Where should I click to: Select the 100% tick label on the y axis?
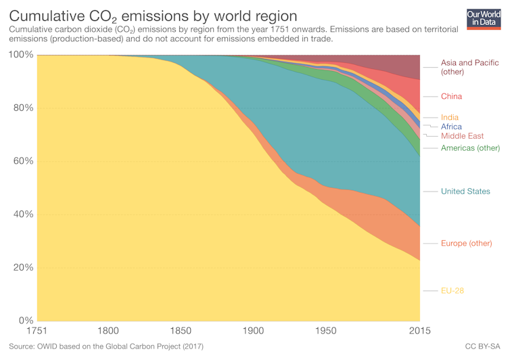20,55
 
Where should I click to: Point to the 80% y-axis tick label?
22,108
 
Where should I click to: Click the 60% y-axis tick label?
22,161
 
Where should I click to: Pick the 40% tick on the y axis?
22,215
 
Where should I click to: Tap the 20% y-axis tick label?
22,267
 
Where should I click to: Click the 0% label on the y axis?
25,321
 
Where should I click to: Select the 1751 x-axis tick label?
37,332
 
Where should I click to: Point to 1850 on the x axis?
181,332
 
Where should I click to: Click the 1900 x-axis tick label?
253,332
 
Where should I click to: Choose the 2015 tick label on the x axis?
419,332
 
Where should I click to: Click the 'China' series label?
451,97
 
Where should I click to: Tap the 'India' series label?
450,118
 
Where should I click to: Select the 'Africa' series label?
451,127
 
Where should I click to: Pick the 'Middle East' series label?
462,136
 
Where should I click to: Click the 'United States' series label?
465,192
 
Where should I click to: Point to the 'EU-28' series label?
453,291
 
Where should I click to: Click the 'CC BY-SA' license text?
484,347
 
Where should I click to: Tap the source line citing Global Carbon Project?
106,347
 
